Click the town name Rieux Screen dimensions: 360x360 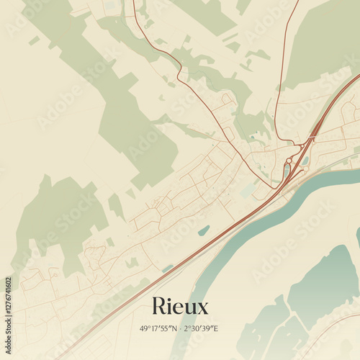(x=180, y=307)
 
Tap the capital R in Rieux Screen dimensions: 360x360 (x=159, y=307)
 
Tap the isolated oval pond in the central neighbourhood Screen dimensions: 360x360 (x=204, y=230)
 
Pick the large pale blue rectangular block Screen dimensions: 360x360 (x=248, y=189)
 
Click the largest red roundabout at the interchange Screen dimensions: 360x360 (x=289, y=161)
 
